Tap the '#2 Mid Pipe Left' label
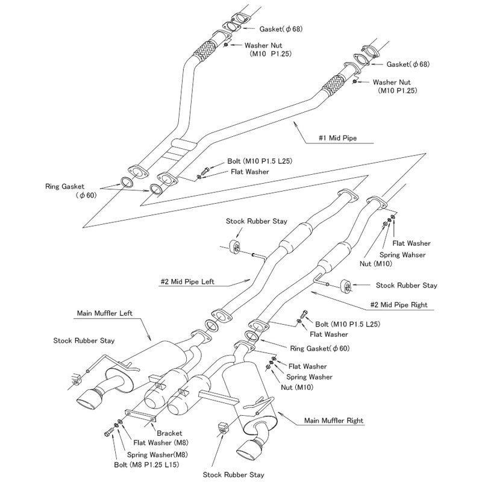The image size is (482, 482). pos(187,281)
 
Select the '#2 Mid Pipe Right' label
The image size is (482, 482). pos(398,305)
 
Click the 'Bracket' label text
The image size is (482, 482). pos(169,433)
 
